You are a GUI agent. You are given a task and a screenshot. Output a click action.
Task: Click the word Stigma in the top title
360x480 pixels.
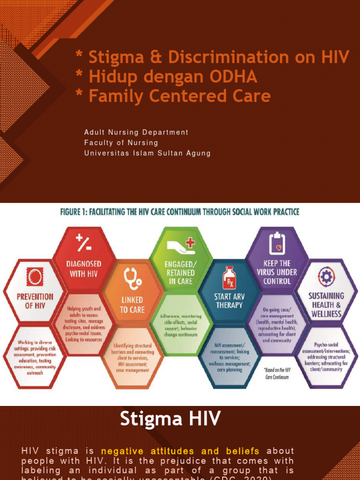click(115, 57)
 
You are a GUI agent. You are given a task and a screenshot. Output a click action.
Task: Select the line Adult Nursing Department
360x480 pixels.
click(136, 133)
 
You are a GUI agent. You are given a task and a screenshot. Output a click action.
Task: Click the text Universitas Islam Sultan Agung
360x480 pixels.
click(147, 153)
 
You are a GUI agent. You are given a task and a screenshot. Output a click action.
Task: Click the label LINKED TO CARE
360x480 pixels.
click(132, 305)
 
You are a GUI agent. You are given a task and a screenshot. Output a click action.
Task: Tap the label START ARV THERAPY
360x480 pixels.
click(229, 300)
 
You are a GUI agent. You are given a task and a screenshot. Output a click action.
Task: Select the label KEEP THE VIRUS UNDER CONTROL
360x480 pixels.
click(277, 272)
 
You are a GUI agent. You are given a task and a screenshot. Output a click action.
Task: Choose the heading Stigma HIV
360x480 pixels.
click(170, 419)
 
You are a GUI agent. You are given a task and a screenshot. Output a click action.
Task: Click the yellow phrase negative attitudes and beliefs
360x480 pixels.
click(180, 451)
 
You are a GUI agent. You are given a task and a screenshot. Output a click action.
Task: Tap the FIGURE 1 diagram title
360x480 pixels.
click(180, 212)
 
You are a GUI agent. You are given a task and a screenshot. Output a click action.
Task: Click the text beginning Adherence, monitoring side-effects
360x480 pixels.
click(180, 326)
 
